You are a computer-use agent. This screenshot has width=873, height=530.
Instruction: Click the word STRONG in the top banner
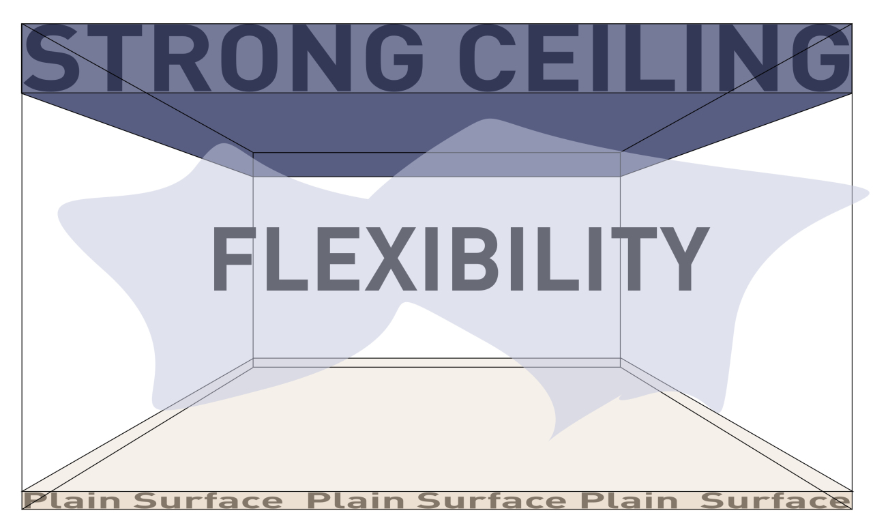click(224, 58)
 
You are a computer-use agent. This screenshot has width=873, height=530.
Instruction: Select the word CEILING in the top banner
click(655, 58)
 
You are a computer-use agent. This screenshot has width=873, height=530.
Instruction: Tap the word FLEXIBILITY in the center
click(460, 259)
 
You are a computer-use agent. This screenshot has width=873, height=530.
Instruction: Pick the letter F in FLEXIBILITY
click(234, 259)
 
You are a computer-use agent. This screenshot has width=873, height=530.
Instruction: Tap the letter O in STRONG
click(249, 58)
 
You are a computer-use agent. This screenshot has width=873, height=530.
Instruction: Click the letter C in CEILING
click(488, 58)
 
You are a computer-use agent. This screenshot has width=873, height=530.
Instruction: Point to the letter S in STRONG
click(51, 58)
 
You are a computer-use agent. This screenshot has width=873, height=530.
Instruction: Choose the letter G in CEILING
click(823, 58)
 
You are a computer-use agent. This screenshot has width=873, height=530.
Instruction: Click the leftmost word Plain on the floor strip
click(73, 501)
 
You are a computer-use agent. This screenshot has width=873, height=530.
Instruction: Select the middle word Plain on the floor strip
click(356, 501)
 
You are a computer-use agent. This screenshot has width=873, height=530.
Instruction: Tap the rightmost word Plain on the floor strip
click(630, 501)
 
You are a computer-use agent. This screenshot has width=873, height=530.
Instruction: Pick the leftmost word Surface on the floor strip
click(208, 501)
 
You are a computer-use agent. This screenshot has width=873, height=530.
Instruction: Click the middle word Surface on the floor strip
click(492, 501)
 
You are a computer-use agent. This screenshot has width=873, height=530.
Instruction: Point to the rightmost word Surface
click(775, 501)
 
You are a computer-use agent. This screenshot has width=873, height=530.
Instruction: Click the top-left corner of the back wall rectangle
click(253, 153)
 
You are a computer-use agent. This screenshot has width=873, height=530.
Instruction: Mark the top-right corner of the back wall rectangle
click(621, 153)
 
